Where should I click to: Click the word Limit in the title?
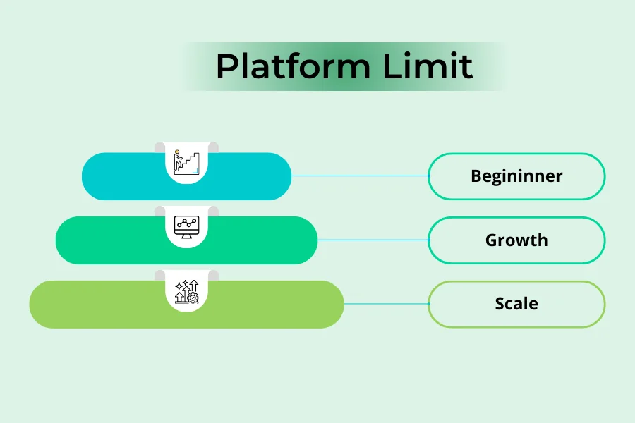[428, 67]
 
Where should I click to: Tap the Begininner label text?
[516, 176]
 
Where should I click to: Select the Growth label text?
[516, 240]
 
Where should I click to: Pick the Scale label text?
[516, 304]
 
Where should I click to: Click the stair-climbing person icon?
[186, 161]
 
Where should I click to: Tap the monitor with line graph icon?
[186, 226]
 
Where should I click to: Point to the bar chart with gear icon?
[186, 291]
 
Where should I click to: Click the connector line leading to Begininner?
[360, 176]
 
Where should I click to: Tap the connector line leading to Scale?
[386, 304]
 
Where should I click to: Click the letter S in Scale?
[500, 304]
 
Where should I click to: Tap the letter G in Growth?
[492, 240]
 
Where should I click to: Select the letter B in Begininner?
[476, 176]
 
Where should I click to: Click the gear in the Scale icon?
[193, 298]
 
